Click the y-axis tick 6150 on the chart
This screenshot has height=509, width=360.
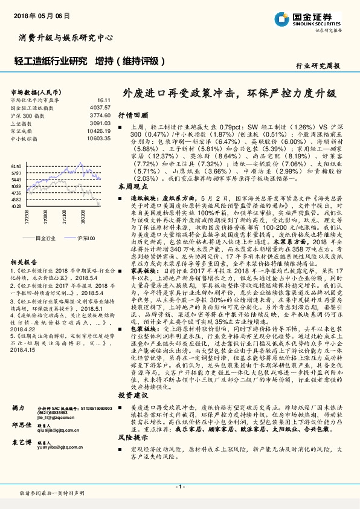point(16,166)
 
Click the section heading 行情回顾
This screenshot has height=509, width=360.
point(129,114)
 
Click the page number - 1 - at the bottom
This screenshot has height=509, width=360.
point(179,486)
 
